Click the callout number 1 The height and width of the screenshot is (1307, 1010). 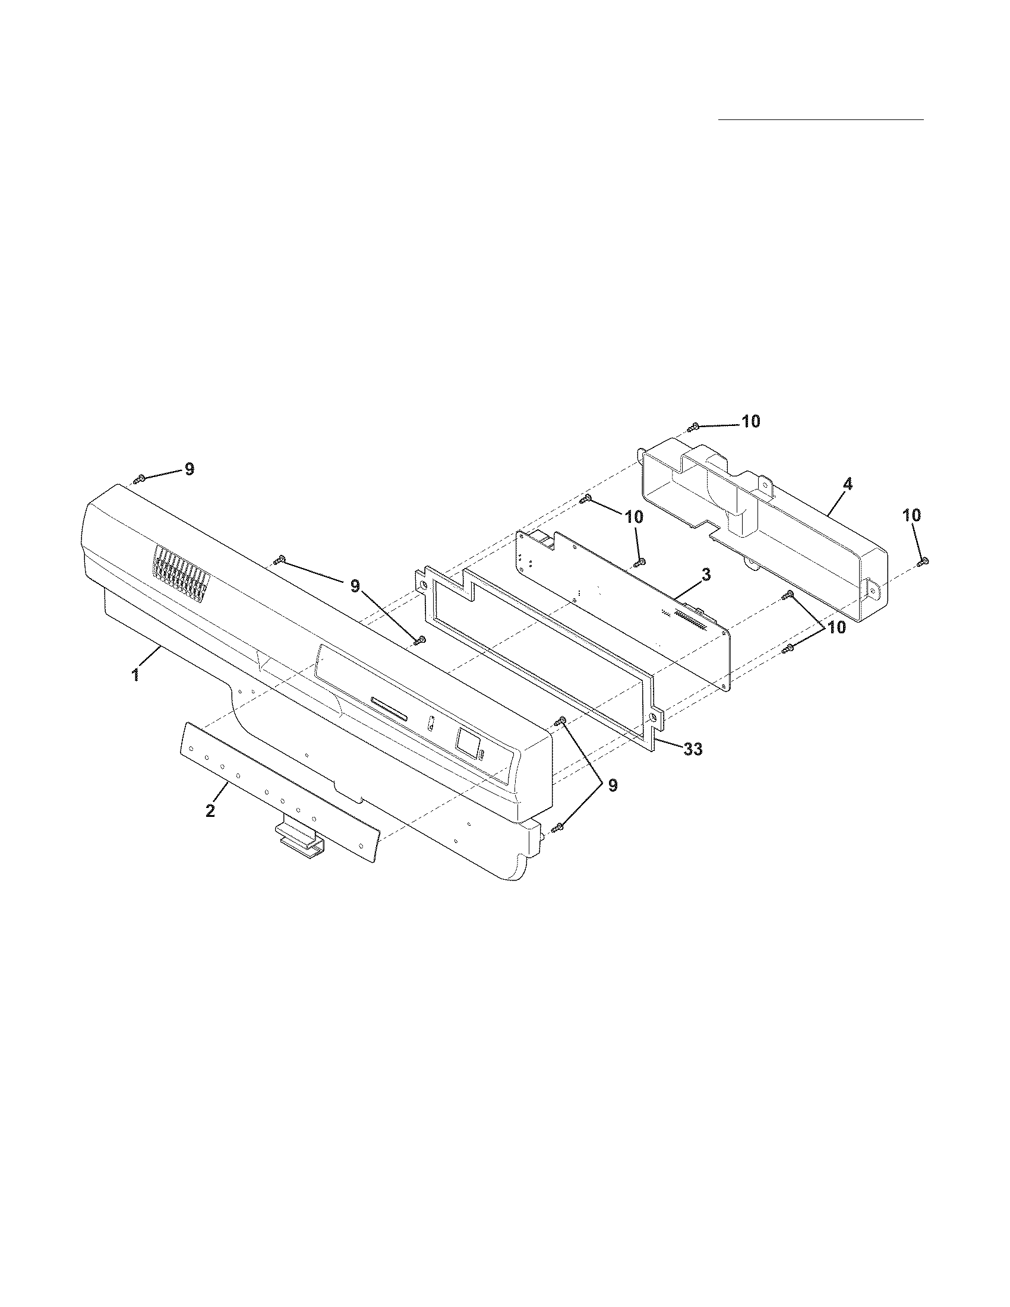136,675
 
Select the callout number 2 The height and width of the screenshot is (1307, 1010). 210,812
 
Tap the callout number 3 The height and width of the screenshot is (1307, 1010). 706,576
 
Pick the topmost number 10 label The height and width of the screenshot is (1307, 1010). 750,421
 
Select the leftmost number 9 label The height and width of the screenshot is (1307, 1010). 189,469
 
